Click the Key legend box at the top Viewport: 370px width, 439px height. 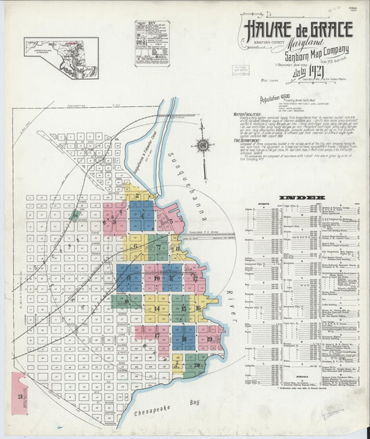(152, 43)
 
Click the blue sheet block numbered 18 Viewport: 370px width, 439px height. (183, 336)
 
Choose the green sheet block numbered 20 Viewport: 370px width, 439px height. (196, 363)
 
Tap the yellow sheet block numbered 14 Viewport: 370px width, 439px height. (157, 308)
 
